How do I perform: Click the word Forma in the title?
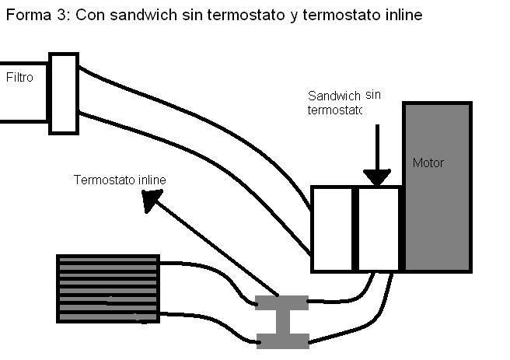tap(29, 15)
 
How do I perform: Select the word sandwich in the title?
tap(143, 15)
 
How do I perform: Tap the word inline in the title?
tap(403, 15)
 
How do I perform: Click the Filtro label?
tap(19, 78)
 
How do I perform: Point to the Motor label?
tap(428, 163)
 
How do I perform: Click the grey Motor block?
tap(437, 187)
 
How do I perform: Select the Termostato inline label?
tap(120, 180)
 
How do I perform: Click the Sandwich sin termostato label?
tap(344, 103)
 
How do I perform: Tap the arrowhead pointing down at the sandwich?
tap(377, 177)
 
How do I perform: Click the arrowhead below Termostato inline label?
tap(151, 200)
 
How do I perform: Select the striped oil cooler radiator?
tap(108, 288)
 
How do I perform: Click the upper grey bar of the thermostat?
tap(281, 302)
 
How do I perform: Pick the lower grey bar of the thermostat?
tap(283, 341)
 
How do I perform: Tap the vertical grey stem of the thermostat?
tap(283, 322)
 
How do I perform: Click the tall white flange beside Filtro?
tap(64, 93)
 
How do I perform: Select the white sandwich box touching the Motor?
tap(379, 229)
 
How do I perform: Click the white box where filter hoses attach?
tap(332, 229)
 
